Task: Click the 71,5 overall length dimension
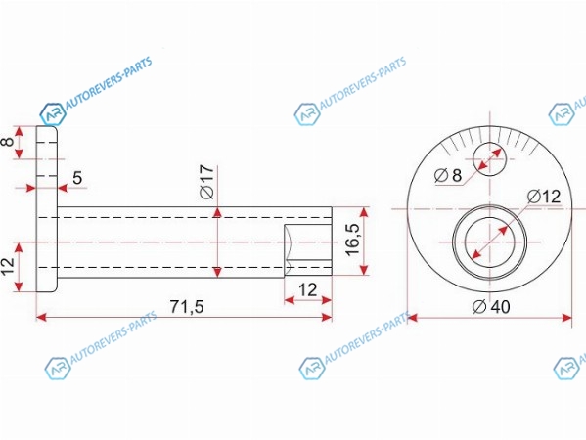187,307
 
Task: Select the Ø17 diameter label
207,182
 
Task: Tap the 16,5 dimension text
352,240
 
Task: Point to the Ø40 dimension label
491,307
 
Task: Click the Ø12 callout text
544,197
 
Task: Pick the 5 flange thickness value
77,178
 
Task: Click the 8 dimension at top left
9,142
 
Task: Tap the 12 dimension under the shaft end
308,289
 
